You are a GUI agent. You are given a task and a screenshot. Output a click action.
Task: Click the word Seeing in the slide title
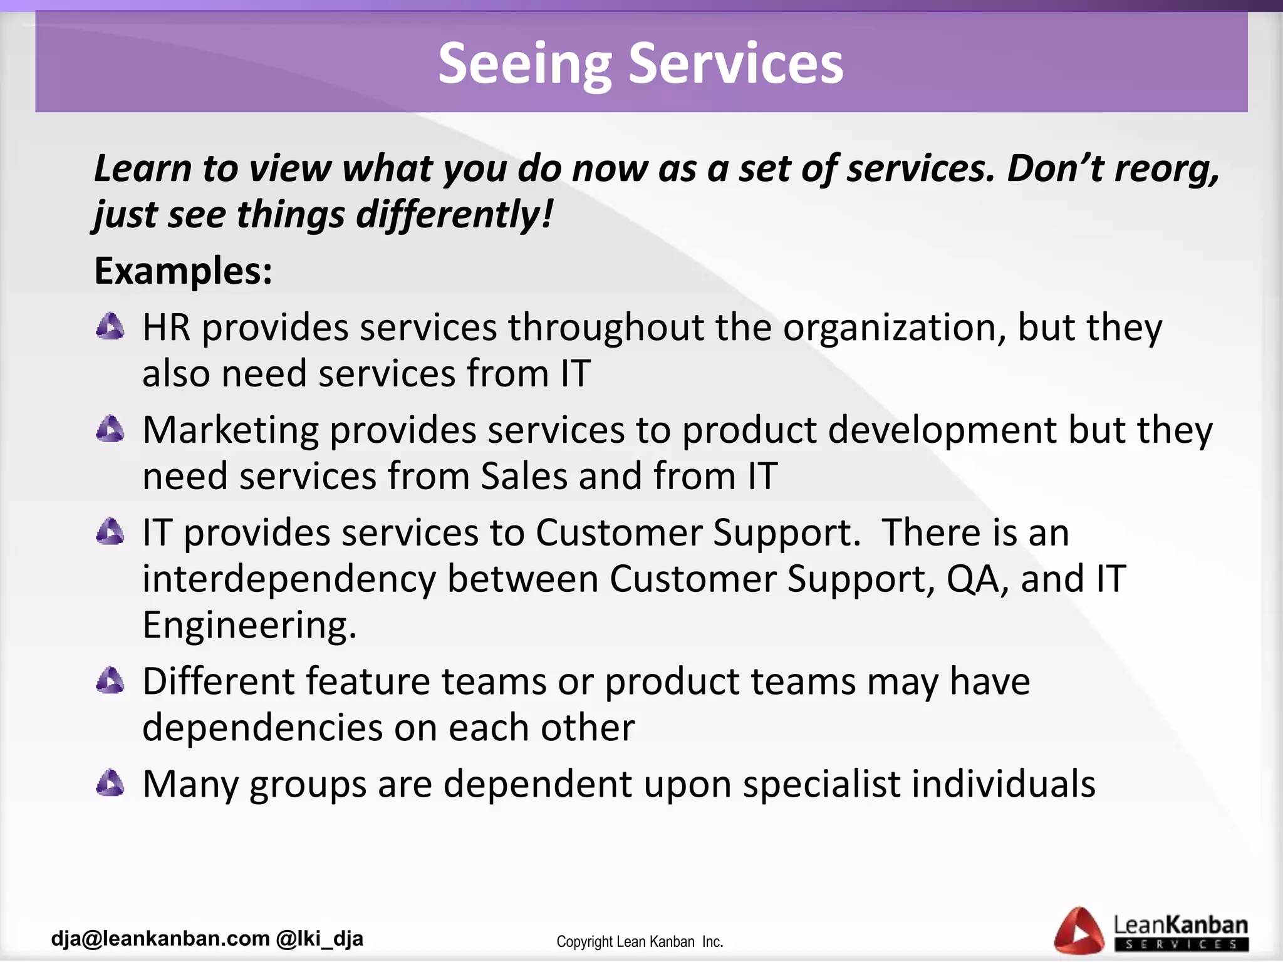pyautogui.click(x=524, y=64)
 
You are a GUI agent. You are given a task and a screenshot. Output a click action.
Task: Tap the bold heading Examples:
pyautogui.click(x=183, y=271)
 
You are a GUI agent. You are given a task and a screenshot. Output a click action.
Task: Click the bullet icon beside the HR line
pyautogui.click(x=110, y=327)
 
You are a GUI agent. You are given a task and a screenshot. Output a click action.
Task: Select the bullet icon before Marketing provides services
pyautogui.click(x=110, y=430)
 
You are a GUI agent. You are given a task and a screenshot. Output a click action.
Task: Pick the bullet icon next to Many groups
pyautogui.click(x=110, y=783)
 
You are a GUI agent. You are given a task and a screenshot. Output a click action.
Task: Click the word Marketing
pyautogui.click(x=231, y=431)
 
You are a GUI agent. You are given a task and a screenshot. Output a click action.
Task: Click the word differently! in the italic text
pyautogui.click(x=455, y=214)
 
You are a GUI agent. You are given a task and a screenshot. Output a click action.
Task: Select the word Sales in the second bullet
pyautogui.click(x=524, y=476)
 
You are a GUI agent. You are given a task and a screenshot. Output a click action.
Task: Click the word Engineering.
pyautogui.click(x=249, y=625)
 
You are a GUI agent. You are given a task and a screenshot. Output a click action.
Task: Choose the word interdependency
pyautogui.click(x=289, y=579)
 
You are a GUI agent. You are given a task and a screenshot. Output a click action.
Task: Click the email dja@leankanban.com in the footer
pyautogui.click(x=160, y=938)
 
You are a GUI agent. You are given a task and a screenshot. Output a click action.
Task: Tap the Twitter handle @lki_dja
pyautogui.click(x=319, y=938)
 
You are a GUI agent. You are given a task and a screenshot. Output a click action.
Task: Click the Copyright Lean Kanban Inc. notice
pyautogui.click(x=640, y=941)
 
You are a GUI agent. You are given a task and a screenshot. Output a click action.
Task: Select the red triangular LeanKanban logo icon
pyautogui.click(x=1079, y=931)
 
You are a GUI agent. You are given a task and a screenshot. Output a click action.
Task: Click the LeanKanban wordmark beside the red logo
pyautogui.click(x=1180, y=926)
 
